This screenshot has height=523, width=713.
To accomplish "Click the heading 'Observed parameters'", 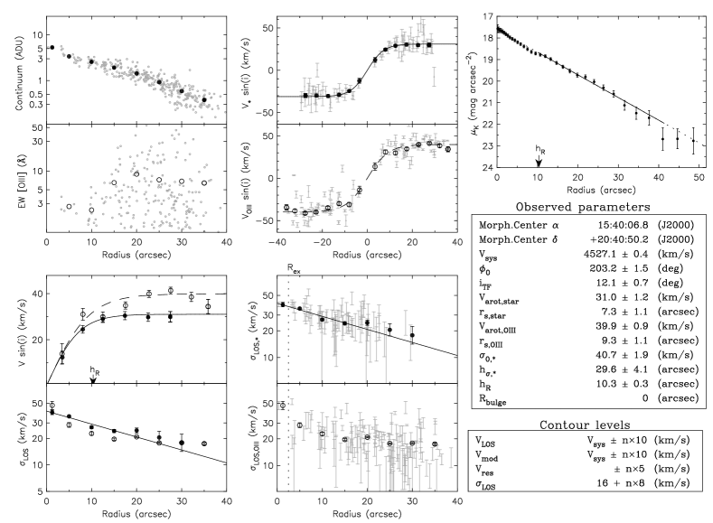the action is tap(583, 207).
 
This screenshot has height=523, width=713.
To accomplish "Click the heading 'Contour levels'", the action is tap(585, 425).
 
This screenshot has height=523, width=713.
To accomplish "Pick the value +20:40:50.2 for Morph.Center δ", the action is tap(619, 239).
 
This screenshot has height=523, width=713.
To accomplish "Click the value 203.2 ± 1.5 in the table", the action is tap(619, 268).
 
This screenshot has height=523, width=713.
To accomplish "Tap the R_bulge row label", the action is tap(493, 399).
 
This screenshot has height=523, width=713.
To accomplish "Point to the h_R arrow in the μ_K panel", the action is tap(539, 161).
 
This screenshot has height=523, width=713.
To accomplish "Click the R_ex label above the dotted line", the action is tap(294, 268).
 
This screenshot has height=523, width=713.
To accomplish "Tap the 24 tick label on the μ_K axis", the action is tap(487, 168).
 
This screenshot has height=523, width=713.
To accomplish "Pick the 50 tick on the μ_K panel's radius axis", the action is tap(699, 177).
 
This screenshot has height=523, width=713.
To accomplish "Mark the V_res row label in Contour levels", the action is tap(484, 470).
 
